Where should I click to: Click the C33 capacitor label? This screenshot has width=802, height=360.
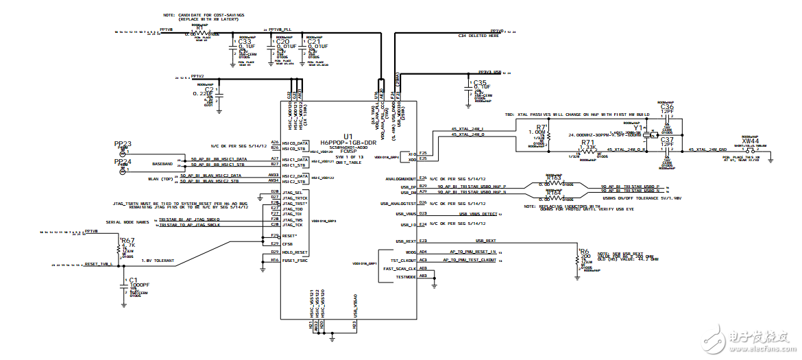(x=244, y=41)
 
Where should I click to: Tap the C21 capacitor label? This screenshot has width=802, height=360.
(x=314, y=41)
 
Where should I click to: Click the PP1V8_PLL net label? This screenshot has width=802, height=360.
(x=280, y=29)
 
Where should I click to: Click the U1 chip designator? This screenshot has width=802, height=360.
(x=348, y=136)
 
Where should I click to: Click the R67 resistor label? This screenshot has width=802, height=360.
(x=127, y=241)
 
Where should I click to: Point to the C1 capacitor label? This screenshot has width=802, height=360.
(x=133, y=280)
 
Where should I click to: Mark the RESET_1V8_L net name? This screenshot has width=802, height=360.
(x=97, y=264)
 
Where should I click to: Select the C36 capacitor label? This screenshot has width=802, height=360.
(x=667, y=107)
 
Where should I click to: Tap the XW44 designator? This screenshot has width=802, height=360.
(x=750, y=141)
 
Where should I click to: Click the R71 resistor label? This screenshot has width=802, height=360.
(x=587, y=143)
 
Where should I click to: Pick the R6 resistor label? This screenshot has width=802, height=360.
(x=584, y=252)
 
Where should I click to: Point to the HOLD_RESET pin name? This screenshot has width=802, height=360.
(x=295, y=252)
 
